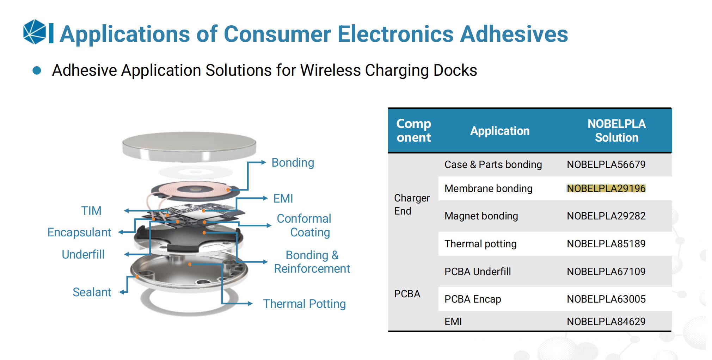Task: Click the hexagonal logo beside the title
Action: [35, 32]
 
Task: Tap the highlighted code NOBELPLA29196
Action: [606, 188]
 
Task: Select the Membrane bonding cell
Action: [488, 188]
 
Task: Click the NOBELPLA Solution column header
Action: [616, 131]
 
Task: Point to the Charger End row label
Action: [411, 204]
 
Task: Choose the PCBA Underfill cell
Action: [477, 272]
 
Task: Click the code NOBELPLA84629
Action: [606, 322]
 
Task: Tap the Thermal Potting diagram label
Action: [304, 304]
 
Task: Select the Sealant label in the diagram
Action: [92, 292]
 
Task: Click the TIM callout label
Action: [91, 211]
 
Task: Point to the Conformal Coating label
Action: [304, 225]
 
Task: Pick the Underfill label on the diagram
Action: [83, 254]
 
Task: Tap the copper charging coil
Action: [194, 190]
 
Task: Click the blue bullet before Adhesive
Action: [37, 70]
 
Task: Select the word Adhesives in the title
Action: [514, 34]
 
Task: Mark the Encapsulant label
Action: [79, 232]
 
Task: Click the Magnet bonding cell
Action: [481, 216]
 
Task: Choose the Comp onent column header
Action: [413, 131]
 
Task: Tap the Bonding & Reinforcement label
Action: [312, 262]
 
